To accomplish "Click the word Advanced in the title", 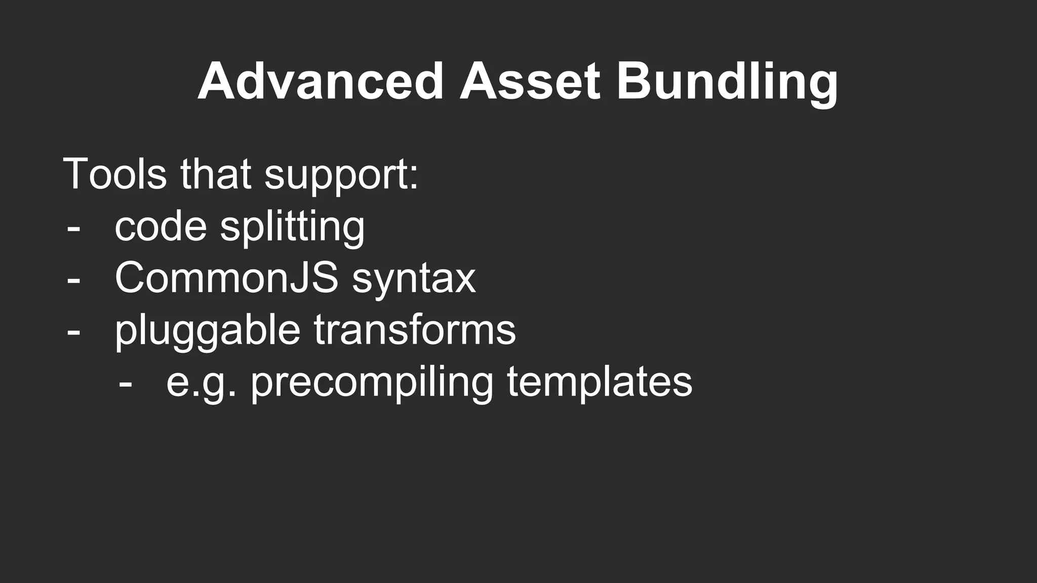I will click(x=321, y=81).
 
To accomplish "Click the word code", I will click(x=161, y=226).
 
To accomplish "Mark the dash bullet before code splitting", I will click(x=73, y=228).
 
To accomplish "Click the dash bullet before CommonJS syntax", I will click(x=73, y=280).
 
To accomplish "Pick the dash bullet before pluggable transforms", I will click(x=73, y=332).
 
